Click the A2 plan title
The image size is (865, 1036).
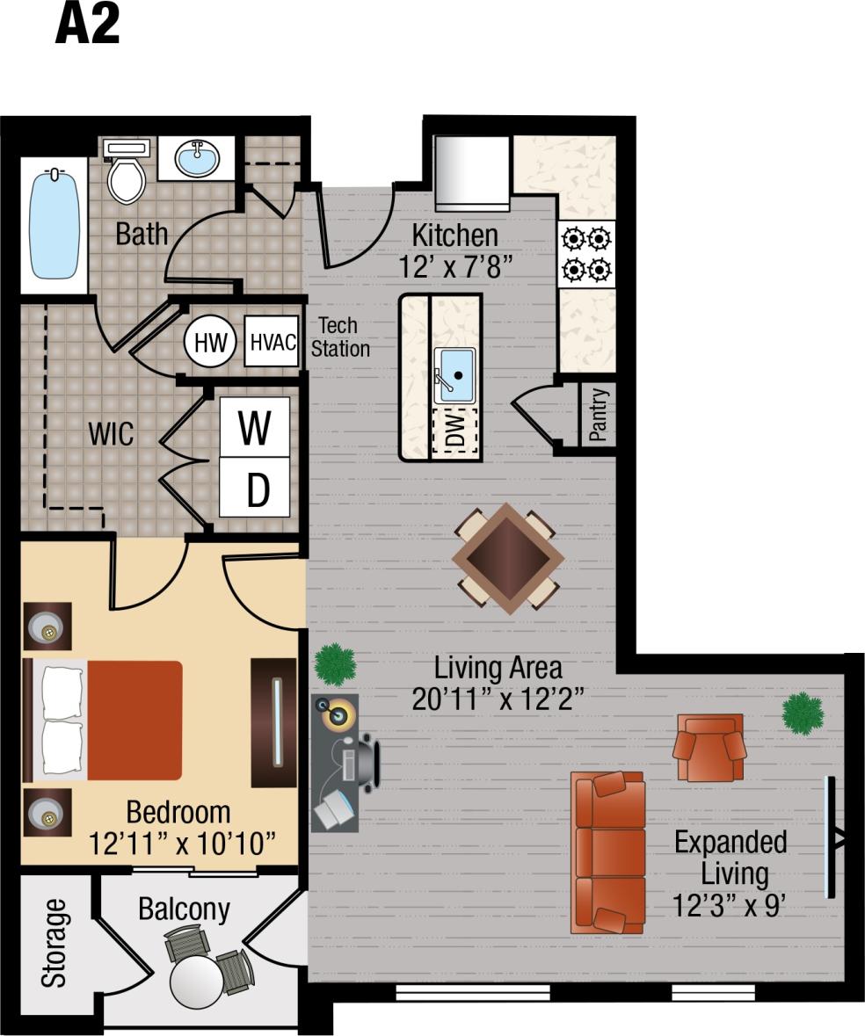coord(87,24)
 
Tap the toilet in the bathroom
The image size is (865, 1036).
coord(125,174)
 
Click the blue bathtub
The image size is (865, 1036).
coord(55,224)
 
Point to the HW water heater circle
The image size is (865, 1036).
coord(210,343)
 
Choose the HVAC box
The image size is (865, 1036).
coord(273,342)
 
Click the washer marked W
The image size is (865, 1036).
coord(255,428)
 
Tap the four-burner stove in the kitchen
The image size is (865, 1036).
coord(586,253)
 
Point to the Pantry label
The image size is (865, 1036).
coord(599,414)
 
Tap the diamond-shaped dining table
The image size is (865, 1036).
coord(508,558)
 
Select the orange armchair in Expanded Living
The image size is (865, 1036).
coord(709,747)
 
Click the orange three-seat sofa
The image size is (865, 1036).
coord(607,851)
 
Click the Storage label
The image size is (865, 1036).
coord(55,942)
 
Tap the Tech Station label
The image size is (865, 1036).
coord(339,337)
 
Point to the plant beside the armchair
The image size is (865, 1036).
coord(803,712)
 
